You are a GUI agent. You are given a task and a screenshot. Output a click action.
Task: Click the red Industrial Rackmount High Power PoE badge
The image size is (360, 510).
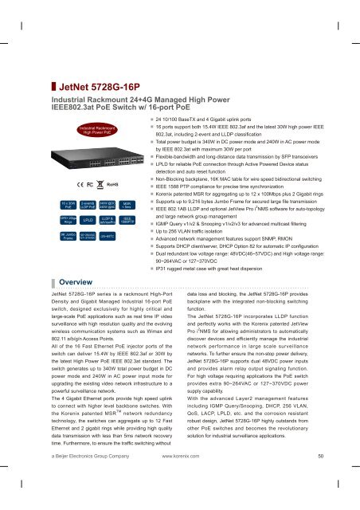tap(97, 127)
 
